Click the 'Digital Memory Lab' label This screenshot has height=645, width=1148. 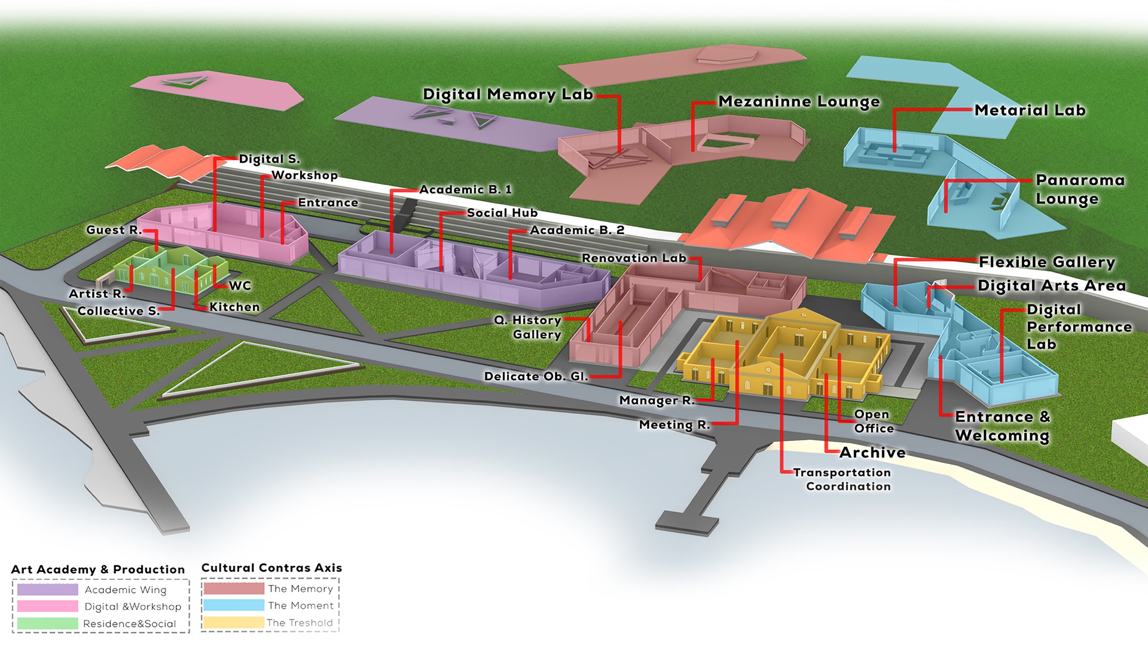[508, 95]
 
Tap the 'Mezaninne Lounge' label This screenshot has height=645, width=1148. [799, 101]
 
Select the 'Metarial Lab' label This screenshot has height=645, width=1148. [1030, 110]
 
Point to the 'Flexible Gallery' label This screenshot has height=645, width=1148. [1047, 262]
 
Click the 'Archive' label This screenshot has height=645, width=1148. [872, 452]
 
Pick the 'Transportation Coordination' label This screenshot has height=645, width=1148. [843, 479]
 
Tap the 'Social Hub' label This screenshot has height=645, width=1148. [502, 213]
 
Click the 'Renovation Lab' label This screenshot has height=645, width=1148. [634, 258]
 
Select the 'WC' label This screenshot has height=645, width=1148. [240, 286]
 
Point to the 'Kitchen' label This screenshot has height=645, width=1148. [234, 307]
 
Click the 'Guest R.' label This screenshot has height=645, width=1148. [114, 230]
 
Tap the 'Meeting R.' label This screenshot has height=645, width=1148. [675, 425]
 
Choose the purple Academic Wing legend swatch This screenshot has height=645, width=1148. [48, 589]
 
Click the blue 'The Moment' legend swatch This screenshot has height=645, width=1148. [234, 605]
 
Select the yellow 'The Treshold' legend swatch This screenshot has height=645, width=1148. [234, 623]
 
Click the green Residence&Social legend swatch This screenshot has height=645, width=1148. [48, 623]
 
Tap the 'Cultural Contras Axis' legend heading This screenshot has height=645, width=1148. [272, 568]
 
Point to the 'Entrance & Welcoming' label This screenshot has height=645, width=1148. [1002, 426]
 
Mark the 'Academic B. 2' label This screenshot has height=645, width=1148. [577, 230]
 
